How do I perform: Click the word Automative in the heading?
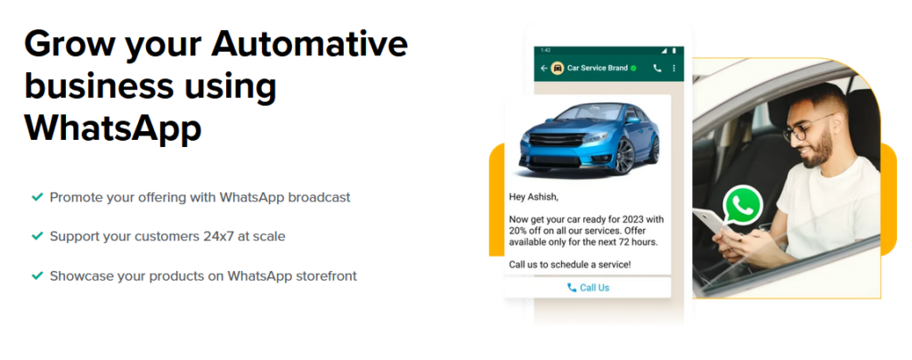pyautogui.click(x=309, y=45)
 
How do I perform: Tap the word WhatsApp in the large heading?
pyautogui.click(x=113, y=128)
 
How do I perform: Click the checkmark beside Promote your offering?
pyautogui.click(x=37, y=198)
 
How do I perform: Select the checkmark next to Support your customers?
pyautogui.click(x=37, y=236)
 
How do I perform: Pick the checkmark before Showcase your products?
pyautogui.click(x=37, y=275)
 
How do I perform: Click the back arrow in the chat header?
pyautogui.click(x=544, y=68)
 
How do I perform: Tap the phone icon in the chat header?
pyautogui.click(x=657, y=68)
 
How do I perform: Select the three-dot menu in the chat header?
pyautogui.click(x=674, y=68)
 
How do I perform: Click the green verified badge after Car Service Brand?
pyautogui.click(x=633, y=68)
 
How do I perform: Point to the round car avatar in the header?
pyautogui.click(x=558, y=68)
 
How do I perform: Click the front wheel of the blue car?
pyautogui.click(x=624, y=156)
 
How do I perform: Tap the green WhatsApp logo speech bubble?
pyautogui.click(x=742, y=205)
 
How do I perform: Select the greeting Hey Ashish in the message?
pyautogui.click(x=533, y=197)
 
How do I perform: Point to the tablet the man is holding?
pyautogui.click(x=711, y=224)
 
